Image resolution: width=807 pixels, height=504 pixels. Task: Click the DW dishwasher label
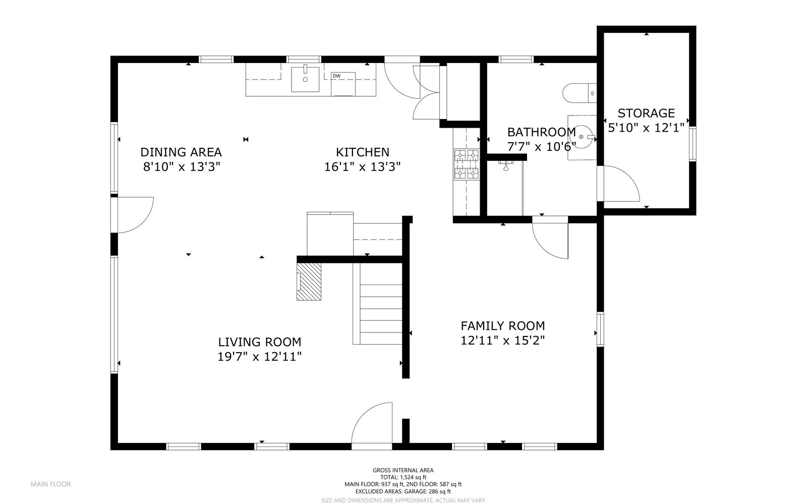tap(336, 76)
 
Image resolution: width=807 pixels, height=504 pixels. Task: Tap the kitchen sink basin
tap(305, 79)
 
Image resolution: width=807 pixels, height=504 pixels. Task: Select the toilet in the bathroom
tap(580, 93)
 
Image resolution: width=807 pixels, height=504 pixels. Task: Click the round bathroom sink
tap(582, 137)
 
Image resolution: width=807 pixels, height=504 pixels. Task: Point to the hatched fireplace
tap(309, 282)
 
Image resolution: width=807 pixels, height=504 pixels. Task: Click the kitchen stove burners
tap(467, 164)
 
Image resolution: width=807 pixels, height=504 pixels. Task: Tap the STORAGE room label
tap(646, 113)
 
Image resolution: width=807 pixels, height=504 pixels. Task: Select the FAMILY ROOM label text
tap(502, 326)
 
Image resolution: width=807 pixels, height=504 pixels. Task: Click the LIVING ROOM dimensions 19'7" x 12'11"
tap(259, 357)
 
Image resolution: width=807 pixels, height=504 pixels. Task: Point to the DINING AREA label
tap(181, 152)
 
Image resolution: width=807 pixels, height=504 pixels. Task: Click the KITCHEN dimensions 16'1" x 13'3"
tap(363, 167)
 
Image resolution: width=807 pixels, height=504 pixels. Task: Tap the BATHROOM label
tap(542, 132)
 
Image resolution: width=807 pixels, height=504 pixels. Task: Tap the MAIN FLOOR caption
tap(50, 484)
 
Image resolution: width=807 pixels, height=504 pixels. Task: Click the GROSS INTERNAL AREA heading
tap(403, 470)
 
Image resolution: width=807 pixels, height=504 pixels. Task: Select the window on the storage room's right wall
tap(693, 143)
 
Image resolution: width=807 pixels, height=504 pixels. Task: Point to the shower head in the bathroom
tap(506, 165)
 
